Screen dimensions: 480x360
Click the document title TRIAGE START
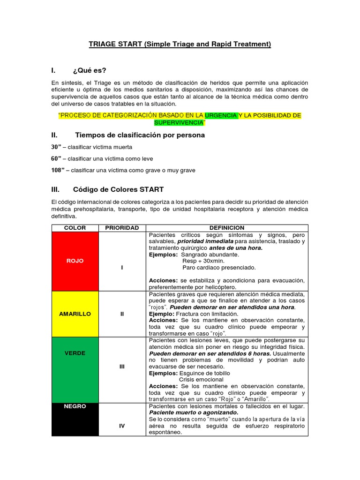(x=180, y=44)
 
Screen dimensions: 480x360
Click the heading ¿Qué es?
(x=90, y=70)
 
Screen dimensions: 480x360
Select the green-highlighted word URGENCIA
(x=221, y=115)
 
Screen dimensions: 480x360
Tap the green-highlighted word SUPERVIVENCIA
(x=179, y=122)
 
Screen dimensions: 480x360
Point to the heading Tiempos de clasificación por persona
(x=140, y=135)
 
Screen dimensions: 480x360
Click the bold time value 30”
(x=56, y=147)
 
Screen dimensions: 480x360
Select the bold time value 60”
(x=56, y=158)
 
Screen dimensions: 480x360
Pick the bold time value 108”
(x=58, y=170)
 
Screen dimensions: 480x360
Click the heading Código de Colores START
(x=118, y=189)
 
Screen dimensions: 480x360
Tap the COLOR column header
(x=75, y=228)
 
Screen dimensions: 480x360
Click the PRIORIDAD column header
(x=122, y=228)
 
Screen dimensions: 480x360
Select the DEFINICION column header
(x=227, y=228)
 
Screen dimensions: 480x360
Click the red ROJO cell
(x=75, y=261)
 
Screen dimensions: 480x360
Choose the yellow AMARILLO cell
(x=75, y=314)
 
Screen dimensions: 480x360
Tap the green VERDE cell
(x=75, y=353)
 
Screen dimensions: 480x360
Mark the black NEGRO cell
(x=75, y=406)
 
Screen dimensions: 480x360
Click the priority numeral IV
(x=122, y=426)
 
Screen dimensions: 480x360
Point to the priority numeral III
(x=122, y=367)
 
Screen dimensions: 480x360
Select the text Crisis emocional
(x=201, y=379)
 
